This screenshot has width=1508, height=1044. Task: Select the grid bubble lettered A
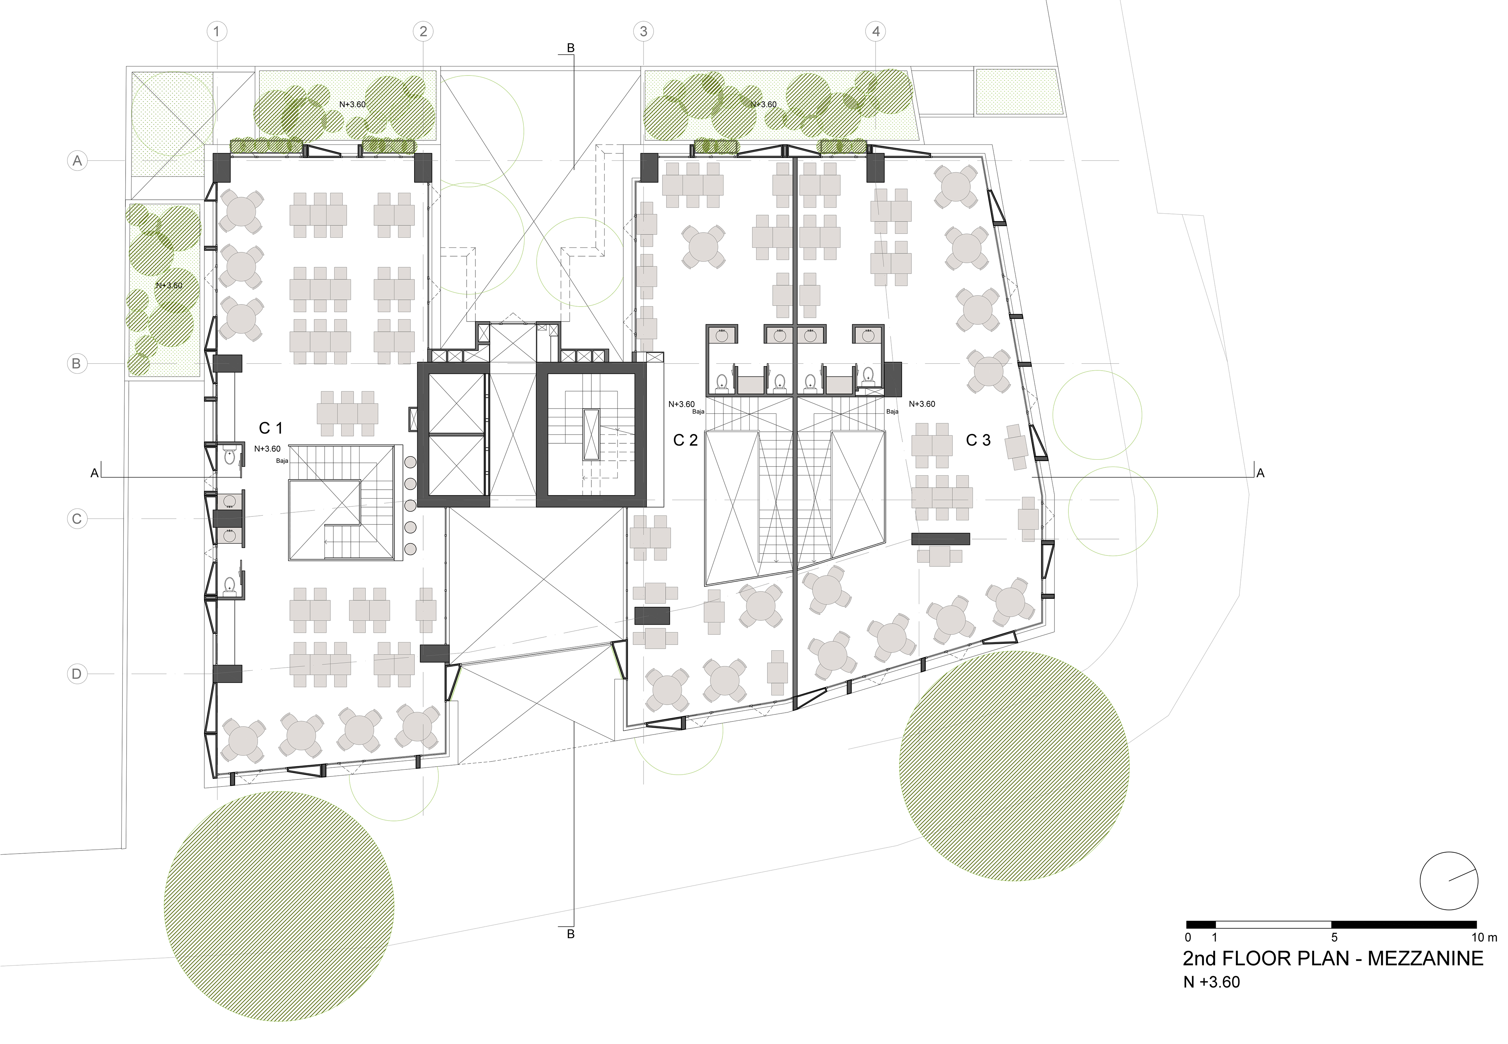77,160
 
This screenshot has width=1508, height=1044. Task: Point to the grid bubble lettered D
77,674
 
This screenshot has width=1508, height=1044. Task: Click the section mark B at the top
570,48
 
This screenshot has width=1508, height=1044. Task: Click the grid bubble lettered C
77,519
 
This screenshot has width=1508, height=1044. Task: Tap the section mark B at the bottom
570,934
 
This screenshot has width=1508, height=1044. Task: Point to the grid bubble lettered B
77,364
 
